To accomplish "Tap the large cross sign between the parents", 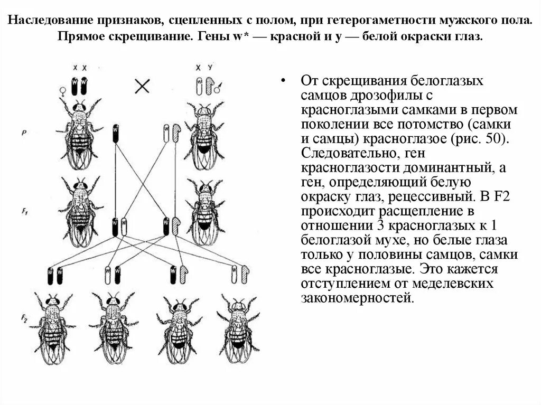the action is [x=142, y=86].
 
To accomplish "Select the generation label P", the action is [x=25, y=133].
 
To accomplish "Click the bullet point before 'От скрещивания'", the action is [x=284, y=81].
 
